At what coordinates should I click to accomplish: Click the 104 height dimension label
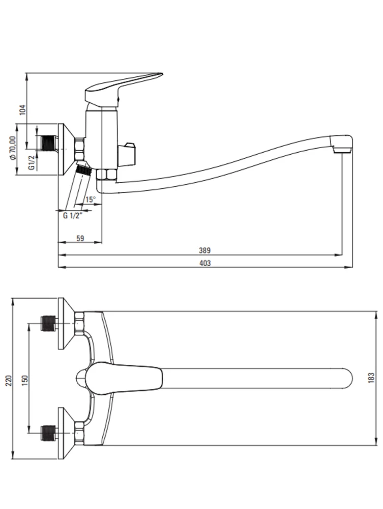[22, 110]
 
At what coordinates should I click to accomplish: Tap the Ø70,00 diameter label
[12, 148]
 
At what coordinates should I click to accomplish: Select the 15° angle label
[91, 200]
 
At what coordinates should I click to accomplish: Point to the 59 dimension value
[80, 238]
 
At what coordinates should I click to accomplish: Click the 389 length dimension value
[204, 250]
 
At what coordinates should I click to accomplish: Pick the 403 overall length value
[204, 263]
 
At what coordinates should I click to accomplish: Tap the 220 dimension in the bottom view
[9, 380]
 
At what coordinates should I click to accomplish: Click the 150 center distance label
[25, 380]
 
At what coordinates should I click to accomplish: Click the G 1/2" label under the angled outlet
[73, 215]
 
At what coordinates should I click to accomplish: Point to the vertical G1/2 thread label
[31, 162]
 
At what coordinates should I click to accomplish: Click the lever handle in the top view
[123, 378]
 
